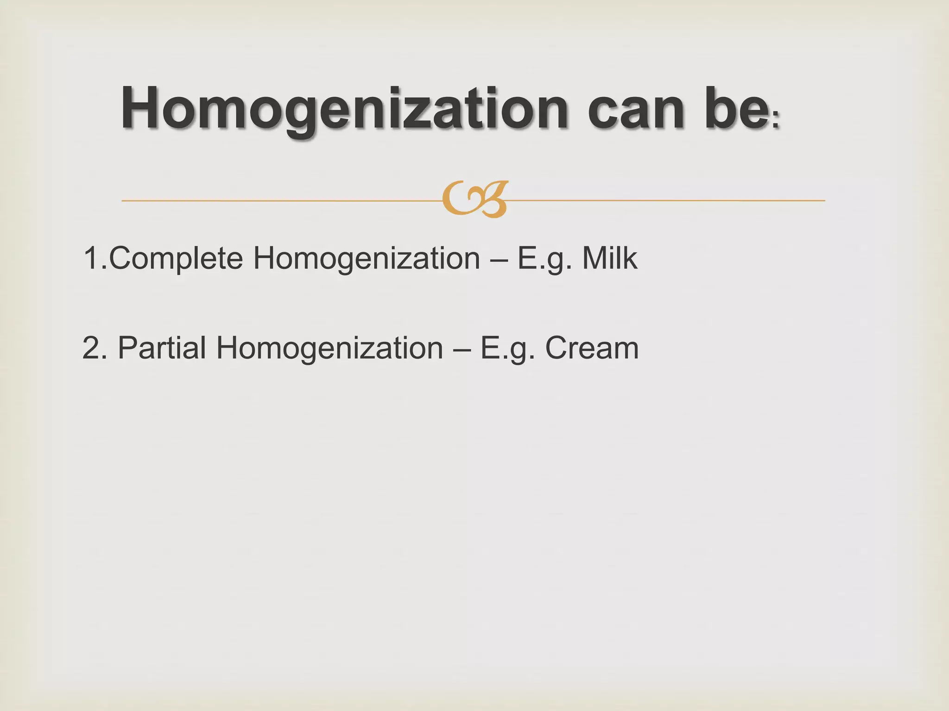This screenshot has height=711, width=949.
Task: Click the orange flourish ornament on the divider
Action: click(x=475, y=200)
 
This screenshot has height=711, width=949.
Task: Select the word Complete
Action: click(x=176, y=258)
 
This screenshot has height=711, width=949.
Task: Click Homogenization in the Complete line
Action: click(x=367, y=258)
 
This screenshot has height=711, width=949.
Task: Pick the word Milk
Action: click(x=609, y=258)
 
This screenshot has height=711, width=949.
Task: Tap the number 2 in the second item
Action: click(x=91, y=348)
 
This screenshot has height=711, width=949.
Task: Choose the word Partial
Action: click(x=162, y=348)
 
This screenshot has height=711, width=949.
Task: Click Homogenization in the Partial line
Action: click(x=329, y=348)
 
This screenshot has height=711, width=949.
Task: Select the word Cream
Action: click(x=592, y=348)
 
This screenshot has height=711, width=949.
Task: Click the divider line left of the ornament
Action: click(x=278, y=201)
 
